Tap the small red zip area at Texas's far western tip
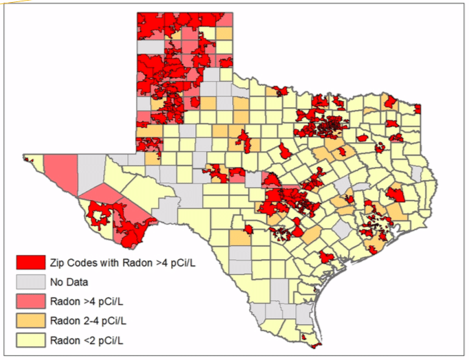(28, 159)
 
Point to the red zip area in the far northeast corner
(417, 109)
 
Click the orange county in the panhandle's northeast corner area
(224, 34)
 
